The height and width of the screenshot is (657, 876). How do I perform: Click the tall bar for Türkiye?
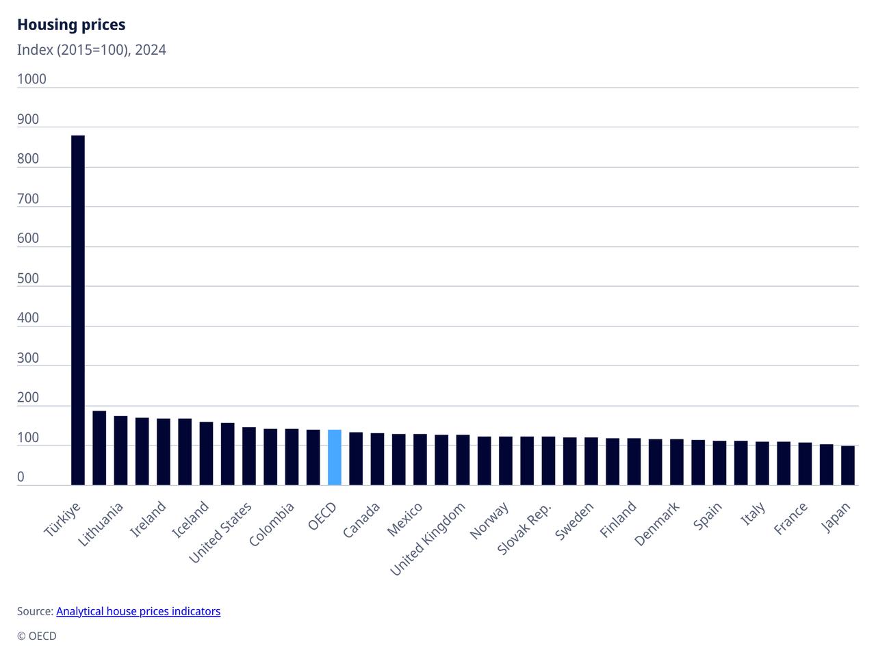pyautogui.click(x=78, y=310)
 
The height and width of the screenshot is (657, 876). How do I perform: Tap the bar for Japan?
pyautogui.click(x=848, y=465)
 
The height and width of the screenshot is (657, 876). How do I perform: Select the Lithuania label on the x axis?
pyautogui.click(x=101, y=524)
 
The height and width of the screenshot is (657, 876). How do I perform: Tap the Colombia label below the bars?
pyautogui.click(x=272, y=524)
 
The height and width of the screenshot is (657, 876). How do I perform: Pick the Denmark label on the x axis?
pyautogui.click(x=657, y=524)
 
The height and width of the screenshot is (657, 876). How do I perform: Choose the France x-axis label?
pyautogui.click(x=791, y=518)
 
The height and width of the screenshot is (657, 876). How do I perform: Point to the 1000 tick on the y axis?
pyautogui.click(x=31, y=79)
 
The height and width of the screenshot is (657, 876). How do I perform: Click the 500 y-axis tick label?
pyautogui.click(x=28, y=279)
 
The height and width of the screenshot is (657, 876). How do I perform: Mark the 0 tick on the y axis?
pyautogui.click(x=21, y=477)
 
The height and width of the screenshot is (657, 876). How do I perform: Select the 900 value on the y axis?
pyautogui.click(x=28, y=119)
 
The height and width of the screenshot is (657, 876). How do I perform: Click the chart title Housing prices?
pyautogui.click(x=71, y=25)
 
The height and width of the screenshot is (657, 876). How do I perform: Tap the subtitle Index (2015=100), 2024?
pyautogui.click(x=92, y=50)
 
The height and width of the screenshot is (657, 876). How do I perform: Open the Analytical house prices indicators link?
pyautogui.click(x=138, y=611)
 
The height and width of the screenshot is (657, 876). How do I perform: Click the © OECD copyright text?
pyautogui.click(x=37, y=636)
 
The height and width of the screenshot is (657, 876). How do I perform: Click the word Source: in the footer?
pyautogui.click(x=35, y=611)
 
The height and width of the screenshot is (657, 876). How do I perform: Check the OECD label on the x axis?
pyautogui.click(x=322, y=516)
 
